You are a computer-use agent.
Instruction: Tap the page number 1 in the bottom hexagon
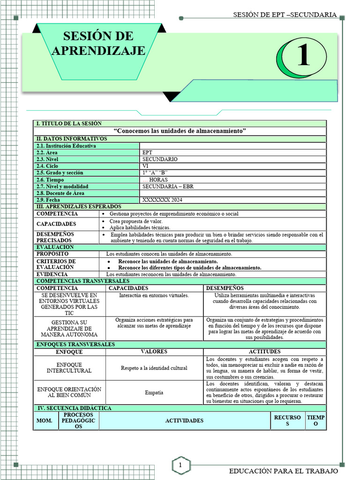point(180,465)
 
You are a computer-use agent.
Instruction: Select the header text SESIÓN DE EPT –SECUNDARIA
point(285,15)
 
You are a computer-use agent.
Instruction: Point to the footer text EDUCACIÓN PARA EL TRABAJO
point(283,471)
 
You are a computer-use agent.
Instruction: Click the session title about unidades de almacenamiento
point(180,131)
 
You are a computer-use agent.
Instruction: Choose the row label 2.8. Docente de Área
point(60,193)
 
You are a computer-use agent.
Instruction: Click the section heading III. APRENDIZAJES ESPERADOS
point(79,207)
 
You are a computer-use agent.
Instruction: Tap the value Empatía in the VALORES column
point(154,392)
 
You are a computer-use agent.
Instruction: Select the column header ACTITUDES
point(264,352)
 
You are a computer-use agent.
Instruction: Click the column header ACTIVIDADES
point(184,420)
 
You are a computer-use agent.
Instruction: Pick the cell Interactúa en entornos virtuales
point(154,295)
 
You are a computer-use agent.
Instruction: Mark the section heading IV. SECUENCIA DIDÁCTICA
point(74,408)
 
